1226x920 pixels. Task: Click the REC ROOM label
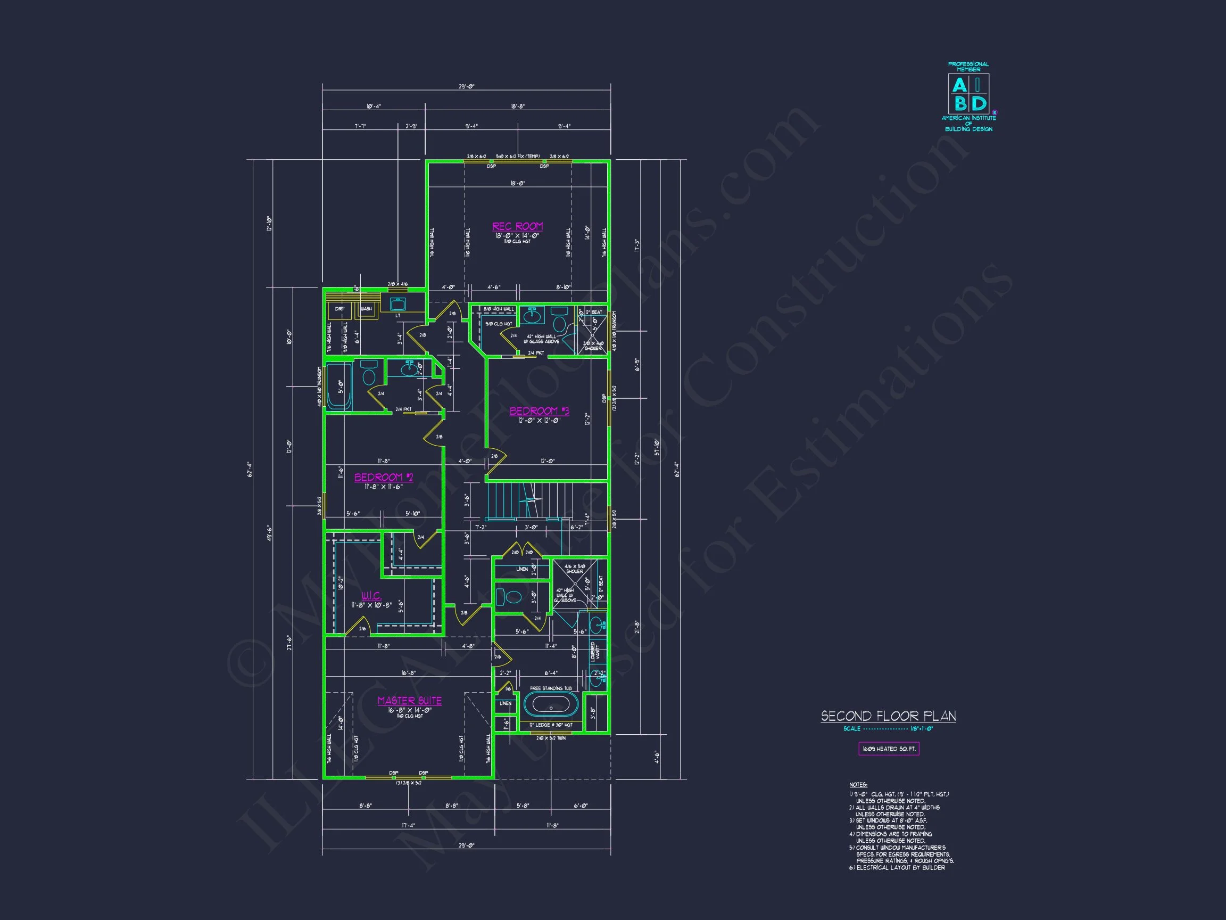coord(517,226)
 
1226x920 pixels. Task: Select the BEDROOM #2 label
coord(384,477)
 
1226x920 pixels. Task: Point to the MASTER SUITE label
coord(410,701)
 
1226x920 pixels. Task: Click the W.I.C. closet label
coord(371,596)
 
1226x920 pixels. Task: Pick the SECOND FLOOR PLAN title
coord(888,716)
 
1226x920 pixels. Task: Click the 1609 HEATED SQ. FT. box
coord(889,749)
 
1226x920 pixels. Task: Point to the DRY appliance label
coord(339,309)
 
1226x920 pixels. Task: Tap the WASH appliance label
coord(366,309)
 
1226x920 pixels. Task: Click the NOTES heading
coord(858,785)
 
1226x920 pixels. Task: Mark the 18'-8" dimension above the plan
coord(518,106)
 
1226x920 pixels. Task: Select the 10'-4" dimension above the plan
coord(374,106)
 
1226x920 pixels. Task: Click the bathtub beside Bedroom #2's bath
coord(338,387)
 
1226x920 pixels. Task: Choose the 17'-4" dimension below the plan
coord(408,825)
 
